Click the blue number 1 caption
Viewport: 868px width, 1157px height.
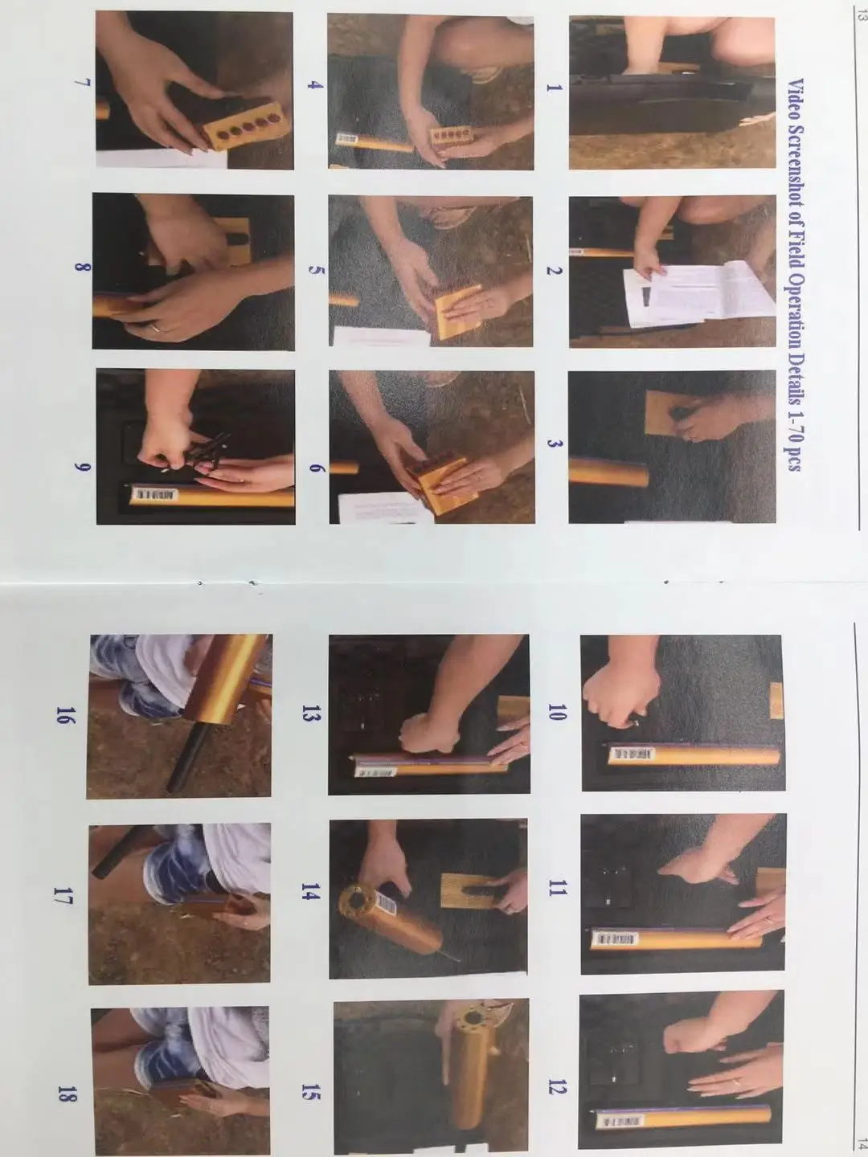coord(554,88)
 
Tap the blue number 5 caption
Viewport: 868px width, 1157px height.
coord(314,271)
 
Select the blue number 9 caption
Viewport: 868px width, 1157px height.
coord(83,467)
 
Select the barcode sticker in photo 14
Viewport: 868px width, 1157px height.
coord(387,906)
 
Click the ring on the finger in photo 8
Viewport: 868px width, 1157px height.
coord(157,328)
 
